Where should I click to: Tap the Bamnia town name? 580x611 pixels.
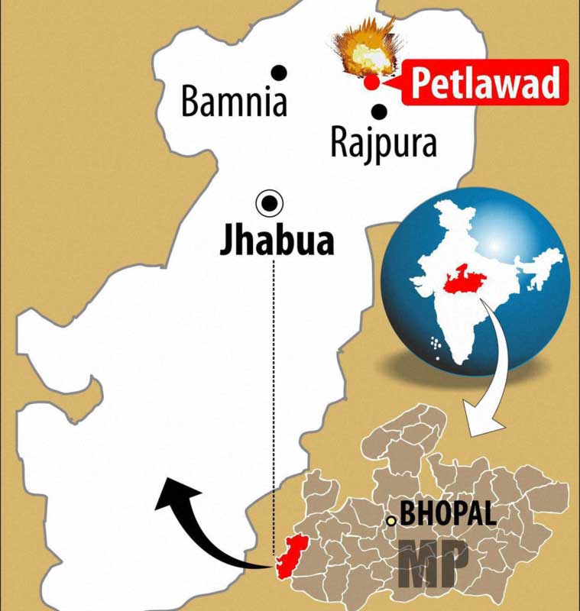pos(234,102)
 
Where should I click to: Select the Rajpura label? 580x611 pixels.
pos(384,143)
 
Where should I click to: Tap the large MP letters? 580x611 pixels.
pos(433,563)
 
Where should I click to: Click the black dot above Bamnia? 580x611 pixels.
pos(280,73)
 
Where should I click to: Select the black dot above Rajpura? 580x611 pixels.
pos(380,112)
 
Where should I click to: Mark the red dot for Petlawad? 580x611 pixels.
pos(371,82)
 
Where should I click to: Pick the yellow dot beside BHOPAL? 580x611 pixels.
pos(391,521)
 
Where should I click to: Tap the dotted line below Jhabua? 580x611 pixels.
pos(274,382)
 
